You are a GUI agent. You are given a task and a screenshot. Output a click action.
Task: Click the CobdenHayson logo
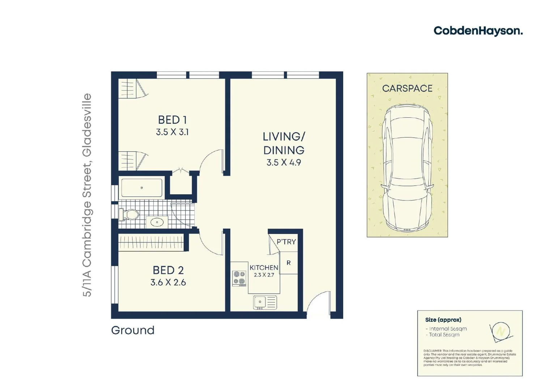478,31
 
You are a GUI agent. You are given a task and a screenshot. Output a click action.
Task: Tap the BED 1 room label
172,120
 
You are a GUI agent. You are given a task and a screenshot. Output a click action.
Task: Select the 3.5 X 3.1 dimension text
172,132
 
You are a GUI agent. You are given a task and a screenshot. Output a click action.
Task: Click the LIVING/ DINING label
284,143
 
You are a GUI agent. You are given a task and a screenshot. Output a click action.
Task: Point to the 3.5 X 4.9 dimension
284,162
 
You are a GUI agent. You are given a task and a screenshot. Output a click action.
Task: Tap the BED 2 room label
168,270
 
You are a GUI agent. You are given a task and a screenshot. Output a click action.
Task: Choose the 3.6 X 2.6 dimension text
168,282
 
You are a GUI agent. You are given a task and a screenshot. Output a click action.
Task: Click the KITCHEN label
264,268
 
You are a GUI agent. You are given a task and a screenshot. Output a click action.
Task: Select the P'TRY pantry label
286,242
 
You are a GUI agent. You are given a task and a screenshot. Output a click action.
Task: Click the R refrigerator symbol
289,263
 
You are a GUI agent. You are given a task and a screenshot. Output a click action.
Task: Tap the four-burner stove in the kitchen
239,278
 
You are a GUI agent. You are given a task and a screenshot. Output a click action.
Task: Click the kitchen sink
265,302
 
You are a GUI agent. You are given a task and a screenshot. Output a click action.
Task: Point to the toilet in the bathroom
129,215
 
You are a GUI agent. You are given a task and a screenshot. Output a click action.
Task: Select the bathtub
141,188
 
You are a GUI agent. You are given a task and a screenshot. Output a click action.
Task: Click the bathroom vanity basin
157,222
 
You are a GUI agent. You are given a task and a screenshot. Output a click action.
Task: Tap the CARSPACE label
407,88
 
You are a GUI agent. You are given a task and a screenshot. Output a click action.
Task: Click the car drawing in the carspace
407,168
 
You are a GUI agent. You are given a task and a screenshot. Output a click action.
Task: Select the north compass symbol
501,331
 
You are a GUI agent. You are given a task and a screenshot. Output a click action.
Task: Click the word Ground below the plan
133,330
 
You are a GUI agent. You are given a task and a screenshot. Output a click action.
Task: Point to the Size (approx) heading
443,320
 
